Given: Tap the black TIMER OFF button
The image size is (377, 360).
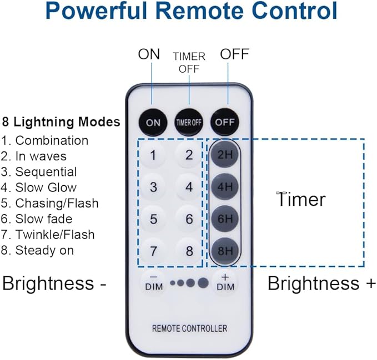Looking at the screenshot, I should point(189,122).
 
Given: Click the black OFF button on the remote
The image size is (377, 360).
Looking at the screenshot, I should point(224,122).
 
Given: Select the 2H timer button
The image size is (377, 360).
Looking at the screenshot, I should point(224,155).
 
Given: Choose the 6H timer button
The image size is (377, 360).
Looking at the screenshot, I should point(224,219).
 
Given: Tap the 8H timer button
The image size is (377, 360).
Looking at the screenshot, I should point(224,250).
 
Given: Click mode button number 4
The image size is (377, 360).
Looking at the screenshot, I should point(189,187).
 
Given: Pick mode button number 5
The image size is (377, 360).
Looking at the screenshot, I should point(153,219).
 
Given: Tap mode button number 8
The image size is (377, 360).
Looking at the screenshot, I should point(189,250).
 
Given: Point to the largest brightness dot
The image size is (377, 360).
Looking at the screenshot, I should point(203,283).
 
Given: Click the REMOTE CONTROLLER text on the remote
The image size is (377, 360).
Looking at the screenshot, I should point(189,328).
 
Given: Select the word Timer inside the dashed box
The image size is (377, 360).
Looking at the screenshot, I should point(301,199).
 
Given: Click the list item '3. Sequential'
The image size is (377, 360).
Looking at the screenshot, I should point(39,172).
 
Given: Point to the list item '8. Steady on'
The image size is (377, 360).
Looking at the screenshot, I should point(38,250).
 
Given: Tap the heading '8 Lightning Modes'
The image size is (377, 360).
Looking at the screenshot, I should point(61,121).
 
